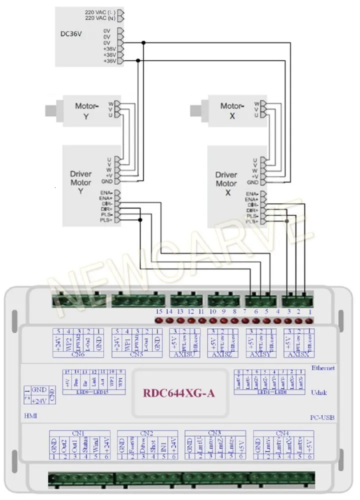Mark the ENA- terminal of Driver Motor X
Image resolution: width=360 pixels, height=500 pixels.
tap(251, 193)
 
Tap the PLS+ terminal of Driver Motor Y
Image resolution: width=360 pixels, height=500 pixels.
tap(106, 220)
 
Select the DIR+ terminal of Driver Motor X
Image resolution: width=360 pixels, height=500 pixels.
tap(251, 210)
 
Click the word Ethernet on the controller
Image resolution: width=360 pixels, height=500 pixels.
tap(323, 368)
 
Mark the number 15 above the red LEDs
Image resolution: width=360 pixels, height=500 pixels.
tap(159, 311)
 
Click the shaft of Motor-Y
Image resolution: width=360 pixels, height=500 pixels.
tap(50, 109)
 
